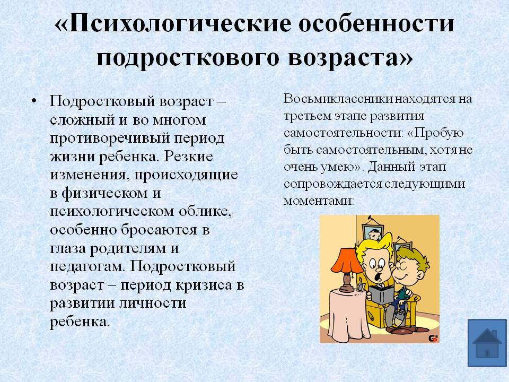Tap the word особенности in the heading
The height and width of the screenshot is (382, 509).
click(376, 24)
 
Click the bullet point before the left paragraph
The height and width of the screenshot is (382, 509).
click(34, 101)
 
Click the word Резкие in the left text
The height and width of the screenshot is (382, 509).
click(189, 156)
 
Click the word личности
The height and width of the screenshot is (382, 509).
click(153, 303)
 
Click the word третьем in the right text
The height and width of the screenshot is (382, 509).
click(306, 116)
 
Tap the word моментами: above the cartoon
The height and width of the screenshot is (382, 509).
click(319, 201)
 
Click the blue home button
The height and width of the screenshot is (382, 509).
click(487, 343)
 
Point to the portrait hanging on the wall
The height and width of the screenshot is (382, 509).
click(371, 229)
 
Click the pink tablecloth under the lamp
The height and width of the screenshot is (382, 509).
click(348, 315)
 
